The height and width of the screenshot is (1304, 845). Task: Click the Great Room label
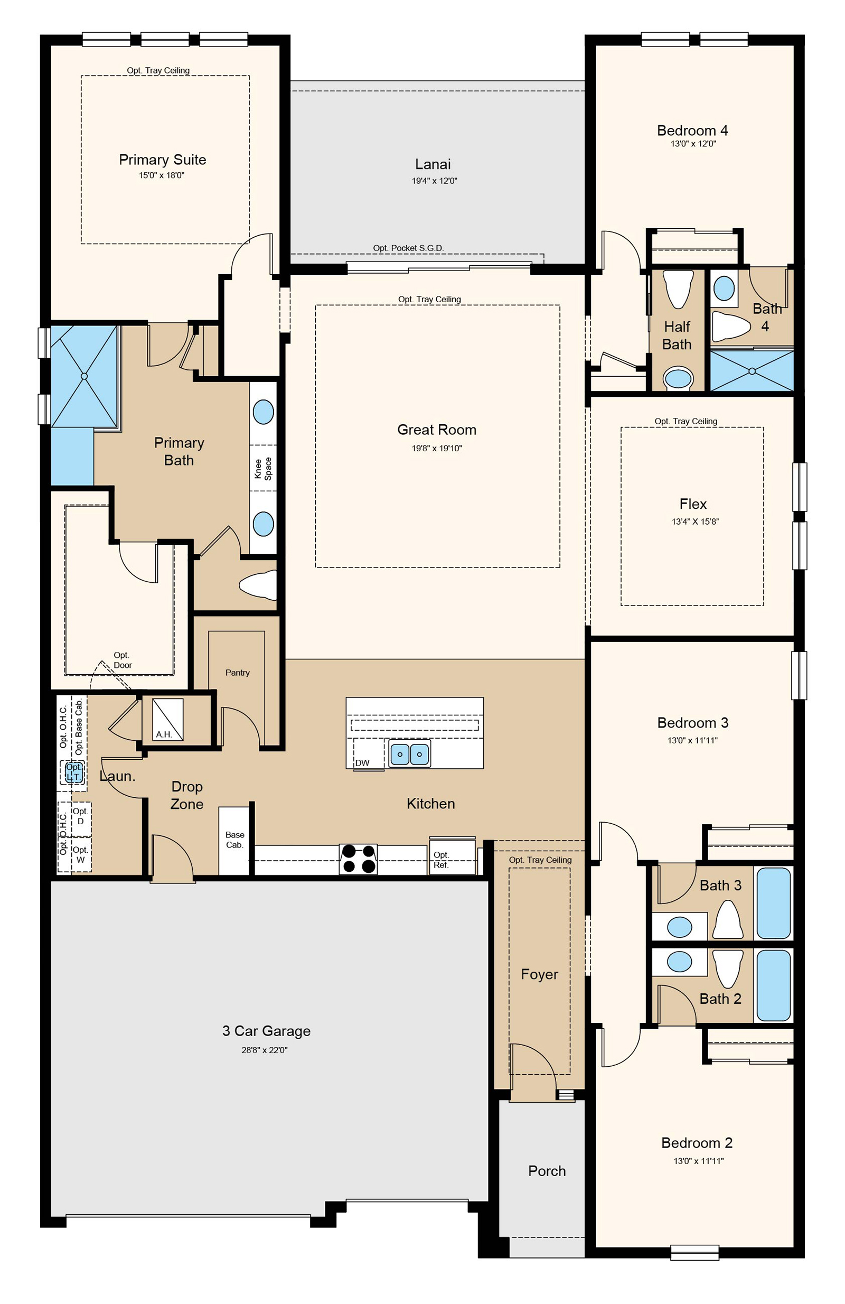point(436,430)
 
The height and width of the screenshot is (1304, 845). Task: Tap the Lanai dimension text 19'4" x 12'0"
point(434,181)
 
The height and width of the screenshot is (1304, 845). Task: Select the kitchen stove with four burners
point(358,859)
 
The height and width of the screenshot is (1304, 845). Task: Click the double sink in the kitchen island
point(410,754)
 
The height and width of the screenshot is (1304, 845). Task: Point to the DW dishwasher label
point(362,762)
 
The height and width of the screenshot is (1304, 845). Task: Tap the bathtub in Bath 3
point(773,903)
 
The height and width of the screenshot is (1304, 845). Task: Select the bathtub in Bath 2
point(773,985)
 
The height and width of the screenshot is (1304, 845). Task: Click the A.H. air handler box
point(167,720)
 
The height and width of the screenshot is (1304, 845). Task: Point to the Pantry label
point(237,672)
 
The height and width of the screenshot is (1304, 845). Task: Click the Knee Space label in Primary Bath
point(263,469)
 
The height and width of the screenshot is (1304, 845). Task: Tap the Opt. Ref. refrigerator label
point(441,860)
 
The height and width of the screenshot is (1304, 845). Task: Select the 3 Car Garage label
point(266,1031)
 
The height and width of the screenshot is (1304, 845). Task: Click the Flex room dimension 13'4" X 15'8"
point(695,521)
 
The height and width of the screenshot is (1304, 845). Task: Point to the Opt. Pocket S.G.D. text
point(408,248)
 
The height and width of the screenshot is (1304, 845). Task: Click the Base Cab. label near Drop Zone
point(235,840)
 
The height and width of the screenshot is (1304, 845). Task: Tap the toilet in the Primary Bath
point(258,584)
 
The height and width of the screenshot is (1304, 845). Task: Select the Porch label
point(547,1171)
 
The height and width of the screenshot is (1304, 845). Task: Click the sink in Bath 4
point(724,288)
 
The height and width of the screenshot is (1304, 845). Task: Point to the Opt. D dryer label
point(80,816)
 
